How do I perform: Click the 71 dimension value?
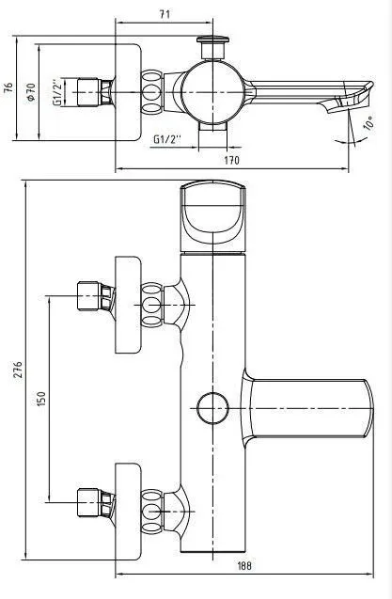[165, 14]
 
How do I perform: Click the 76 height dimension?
[8, 87]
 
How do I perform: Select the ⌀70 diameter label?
[31, 92]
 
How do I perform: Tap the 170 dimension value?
[231, 160]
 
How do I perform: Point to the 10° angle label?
[368, 124]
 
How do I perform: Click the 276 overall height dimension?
[18, 369]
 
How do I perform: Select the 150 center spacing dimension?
[41, 399]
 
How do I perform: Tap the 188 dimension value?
[244, 565]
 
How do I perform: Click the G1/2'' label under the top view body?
[167, 139]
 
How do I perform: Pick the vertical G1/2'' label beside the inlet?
[57, 92]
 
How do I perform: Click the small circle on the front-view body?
[212, 408]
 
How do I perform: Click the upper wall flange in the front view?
[128, 305]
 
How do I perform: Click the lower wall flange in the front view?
[128, 512]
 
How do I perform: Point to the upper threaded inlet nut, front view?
[96, 296]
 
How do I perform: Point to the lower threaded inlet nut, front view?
[96, 502]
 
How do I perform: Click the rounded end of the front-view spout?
[367, 408]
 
